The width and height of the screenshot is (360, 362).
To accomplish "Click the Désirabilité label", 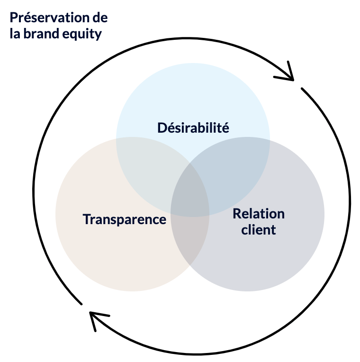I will click(x=193, y=127).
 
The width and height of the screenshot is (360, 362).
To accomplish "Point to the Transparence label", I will click(x=125, y=219).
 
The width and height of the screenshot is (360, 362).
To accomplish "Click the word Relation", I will click(x=259, y=214).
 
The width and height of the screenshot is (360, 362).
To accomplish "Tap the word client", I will click(x=259, y=230).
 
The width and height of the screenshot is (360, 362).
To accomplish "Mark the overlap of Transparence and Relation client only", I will click(x=189, y=242).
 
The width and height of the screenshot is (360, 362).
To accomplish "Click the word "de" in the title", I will click(x=100, y=18).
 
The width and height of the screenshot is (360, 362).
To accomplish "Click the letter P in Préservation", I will click(x=13, y=18).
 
